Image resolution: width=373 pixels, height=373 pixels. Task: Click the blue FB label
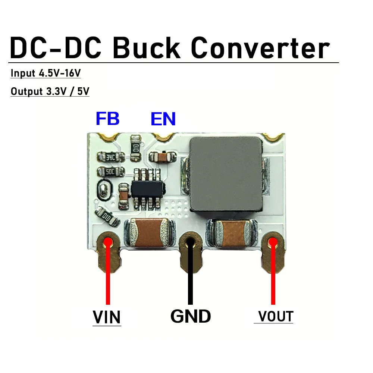point(107,119)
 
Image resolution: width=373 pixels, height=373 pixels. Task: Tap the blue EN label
point(163,119)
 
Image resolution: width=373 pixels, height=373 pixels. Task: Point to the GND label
point(191,316)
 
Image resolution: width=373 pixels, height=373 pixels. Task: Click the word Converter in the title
point(260,48)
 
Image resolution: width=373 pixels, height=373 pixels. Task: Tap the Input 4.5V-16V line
point(46,73)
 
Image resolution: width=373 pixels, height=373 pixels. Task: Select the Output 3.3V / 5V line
point(50,91)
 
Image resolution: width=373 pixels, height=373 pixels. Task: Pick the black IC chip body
point(147,188)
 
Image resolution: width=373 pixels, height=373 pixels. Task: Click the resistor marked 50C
point(110,172)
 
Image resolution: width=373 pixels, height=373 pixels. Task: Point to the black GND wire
point(191,276)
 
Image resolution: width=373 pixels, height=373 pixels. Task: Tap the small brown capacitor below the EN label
point(162,156)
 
